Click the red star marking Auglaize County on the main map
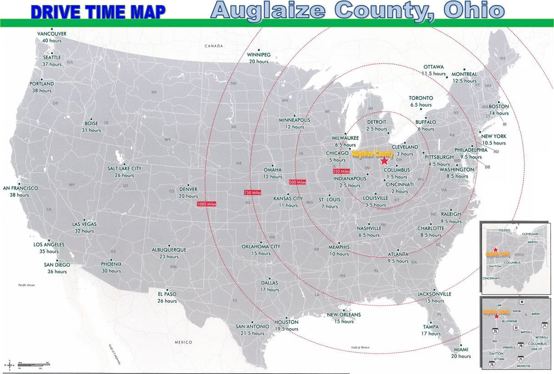pos(385,160)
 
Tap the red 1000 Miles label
pos(206,204)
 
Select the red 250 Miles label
pos(341,172)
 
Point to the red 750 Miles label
pos(253,192)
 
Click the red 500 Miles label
pos(297,182)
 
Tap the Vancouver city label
pos(52,34)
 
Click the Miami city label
pos(461,349)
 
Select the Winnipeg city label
pos(259,55)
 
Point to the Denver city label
pos(188,189)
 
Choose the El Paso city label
pos(167,294)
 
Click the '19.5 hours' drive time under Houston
pos(286,329)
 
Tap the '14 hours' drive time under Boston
pos(499,113)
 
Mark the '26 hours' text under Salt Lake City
pos(124,175)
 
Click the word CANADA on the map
pos(214,46)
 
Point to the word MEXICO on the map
pos(184,342)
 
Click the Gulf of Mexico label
pos(360,347)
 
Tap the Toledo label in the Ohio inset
pos(504,231)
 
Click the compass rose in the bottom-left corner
pos(9,365)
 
